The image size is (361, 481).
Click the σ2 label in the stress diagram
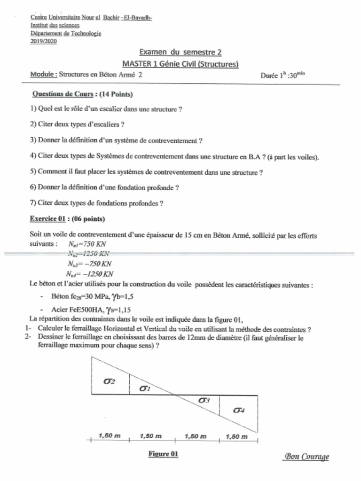(109, 381)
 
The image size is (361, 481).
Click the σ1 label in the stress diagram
(145, 388)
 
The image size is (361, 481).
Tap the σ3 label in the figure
(204, 400)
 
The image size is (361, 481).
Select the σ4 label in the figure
(239, 410)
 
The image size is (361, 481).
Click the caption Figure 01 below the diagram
(163, 454)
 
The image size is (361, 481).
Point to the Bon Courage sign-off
(306, 457)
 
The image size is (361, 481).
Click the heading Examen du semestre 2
(180, 53)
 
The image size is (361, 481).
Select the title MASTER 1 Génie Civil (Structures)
(180, 64)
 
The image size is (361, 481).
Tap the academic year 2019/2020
(43, 41)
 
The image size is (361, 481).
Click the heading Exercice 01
(47, 219)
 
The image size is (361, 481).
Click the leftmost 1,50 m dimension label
(109, 436)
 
